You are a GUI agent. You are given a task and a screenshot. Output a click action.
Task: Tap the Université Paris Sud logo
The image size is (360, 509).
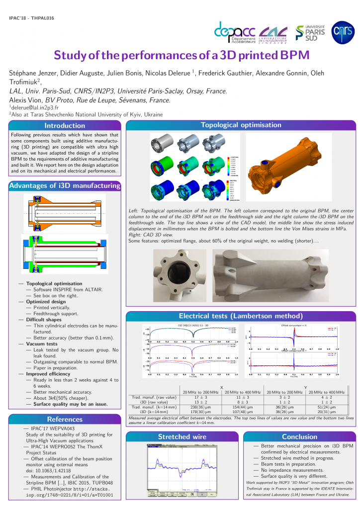click(310, 32)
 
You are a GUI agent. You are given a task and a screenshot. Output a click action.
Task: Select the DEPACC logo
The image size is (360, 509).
click(234, 32)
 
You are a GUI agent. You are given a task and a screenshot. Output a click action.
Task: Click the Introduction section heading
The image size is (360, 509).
click(65, 125)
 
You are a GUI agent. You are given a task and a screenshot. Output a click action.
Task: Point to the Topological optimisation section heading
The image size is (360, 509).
click(241, 125)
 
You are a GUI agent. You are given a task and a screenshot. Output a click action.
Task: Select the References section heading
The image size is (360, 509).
click(65, 419)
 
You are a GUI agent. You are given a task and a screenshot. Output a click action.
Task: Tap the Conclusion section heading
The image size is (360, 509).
click(299, 436)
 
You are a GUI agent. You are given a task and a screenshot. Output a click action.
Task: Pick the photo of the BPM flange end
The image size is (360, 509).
click(180, 274)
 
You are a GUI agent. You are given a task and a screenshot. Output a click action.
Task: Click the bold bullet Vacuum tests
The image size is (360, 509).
click(42, 343)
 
